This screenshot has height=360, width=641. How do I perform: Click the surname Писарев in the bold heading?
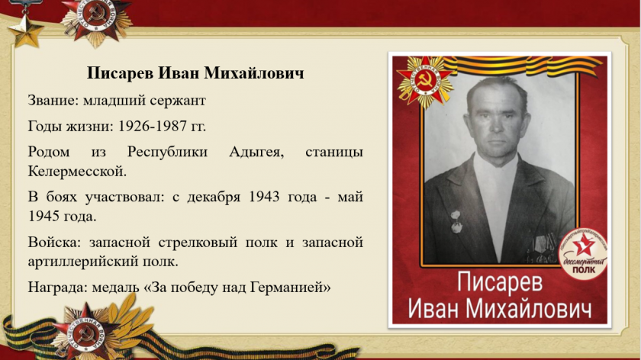[x=121, y=73]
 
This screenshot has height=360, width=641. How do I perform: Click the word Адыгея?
[x=256, y=153]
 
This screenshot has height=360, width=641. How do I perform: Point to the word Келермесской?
[x=77, y=171]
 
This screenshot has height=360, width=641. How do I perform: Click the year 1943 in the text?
[x=264, y=198]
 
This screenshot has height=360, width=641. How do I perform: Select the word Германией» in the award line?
[x=290, y=288]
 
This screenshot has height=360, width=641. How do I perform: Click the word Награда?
[x=58, y=288]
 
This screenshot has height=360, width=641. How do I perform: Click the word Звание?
[x=53, y=101]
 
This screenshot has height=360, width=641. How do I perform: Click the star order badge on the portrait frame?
[x=425, y=82]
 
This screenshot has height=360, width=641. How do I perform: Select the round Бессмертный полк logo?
[x=583, y=253]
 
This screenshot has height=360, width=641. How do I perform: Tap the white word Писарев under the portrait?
[x=500, y=282]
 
